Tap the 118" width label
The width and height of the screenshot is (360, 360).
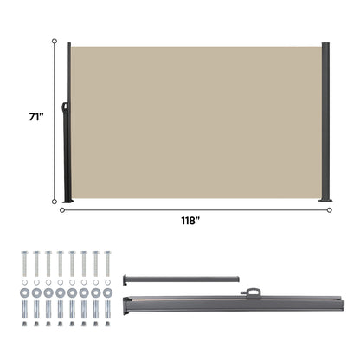pyautogui.click(x=190, y=222)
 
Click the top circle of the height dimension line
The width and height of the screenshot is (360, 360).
pyautogui.click(x=55, y=41)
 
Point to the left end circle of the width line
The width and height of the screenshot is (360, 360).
pyautogui.click(x=61, y=209)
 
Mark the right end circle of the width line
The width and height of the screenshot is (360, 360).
pyautogui.click(x=329, y=209)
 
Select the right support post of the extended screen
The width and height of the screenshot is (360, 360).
pyautogui.click(x=326, y=121)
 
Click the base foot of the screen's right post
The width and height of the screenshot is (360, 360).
pyautogui.click(x=326, y=202)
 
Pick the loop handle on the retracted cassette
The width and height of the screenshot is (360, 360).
pyautogui.click(x=252, y=292)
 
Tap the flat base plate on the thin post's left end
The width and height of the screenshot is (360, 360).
pyautogui.click(x=126, y=278)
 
